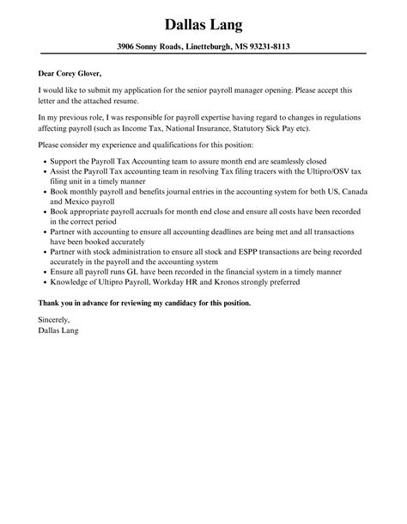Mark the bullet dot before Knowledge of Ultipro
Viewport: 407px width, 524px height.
44,281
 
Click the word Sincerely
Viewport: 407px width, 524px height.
56,319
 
